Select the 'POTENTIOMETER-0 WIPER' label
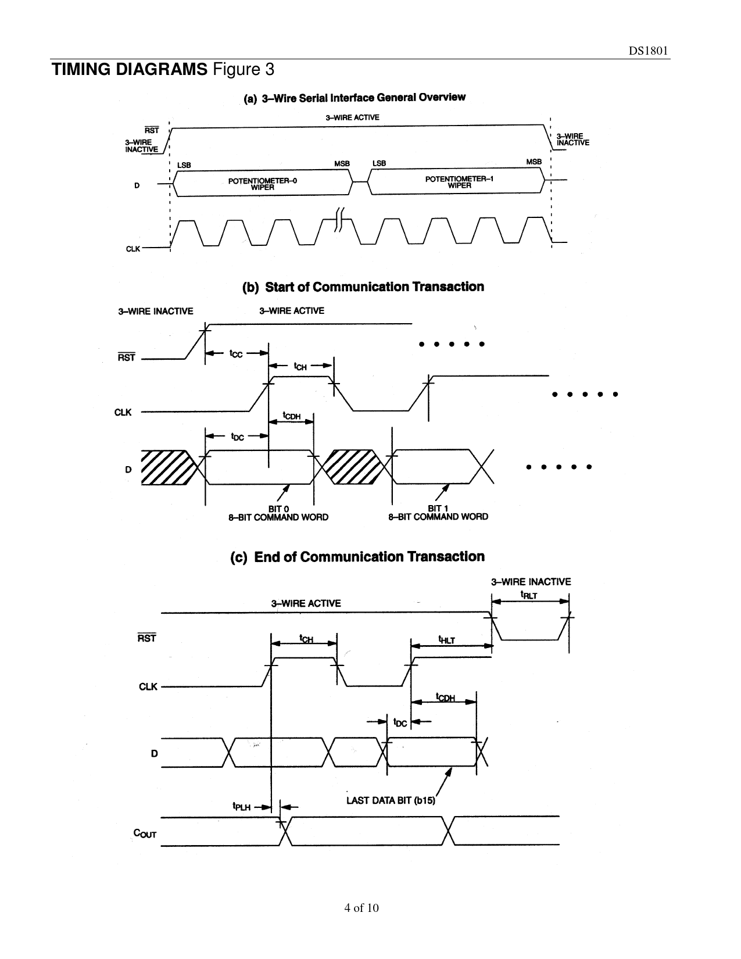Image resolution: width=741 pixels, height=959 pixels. click(262, 184)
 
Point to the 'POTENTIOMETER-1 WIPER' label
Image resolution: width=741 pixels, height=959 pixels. click(459, 182)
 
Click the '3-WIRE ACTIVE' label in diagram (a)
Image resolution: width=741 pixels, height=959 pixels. click(352, 117)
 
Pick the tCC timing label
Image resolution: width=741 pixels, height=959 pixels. click(236, 353)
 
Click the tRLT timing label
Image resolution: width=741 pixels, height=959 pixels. click(528, 595)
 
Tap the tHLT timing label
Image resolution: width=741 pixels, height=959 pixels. click(446, 639)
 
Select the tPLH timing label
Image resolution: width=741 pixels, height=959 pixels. click(241, 806)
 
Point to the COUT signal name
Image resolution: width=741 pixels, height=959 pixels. click(145, 833)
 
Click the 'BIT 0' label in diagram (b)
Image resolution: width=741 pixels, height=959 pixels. click(278, 509)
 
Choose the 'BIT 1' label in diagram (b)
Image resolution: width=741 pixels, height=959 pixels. click(438, 509)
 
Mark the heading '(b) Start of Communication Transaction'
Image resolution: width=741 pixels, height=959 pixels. click(363, 287)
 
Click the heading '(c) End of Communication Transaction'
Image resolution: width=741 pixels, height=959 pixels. click(358, 557)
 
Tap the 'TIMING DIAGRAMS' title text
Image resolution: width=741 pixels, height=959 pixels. click(129, 70)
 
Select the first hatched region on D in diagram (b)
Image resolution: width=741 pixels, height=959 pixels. click(167, 467)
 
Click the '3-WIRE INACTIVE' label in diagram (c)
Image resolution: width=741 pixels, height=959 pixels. click(531, 581)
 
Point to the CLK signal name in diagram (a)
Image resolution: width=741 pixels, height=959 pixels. click(133, 249)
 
